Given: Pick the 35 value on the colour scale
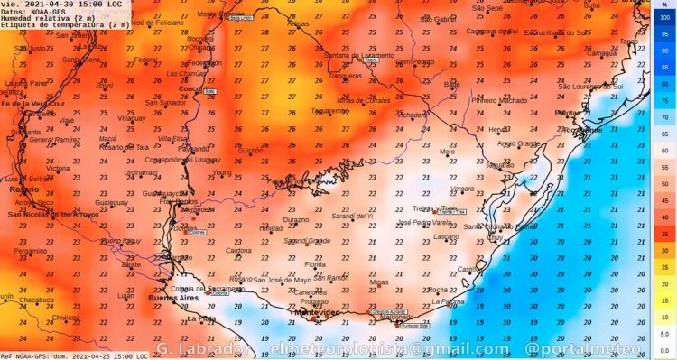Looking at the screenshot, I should pyautogui.click(x=664, y=233).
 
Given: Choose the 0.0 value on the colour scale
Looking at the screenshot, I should pyautogui.click(x=664, y=350).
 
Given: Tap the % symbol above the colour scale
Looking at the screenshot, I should pyautogui.click(x=664, y=4).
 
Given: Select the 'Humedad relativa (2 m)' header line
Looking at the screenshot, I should pyautogui.click(x=51, y=18).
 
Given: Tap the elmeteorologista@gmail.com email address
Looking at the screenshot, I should pyautogui.click(x=384, y=348).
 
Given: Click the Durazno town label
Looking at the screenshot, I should pyautogui.click(x=296, y=219).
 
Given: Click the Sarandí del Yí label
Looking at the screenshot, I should pyautogui.click(x=351, y=217).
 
